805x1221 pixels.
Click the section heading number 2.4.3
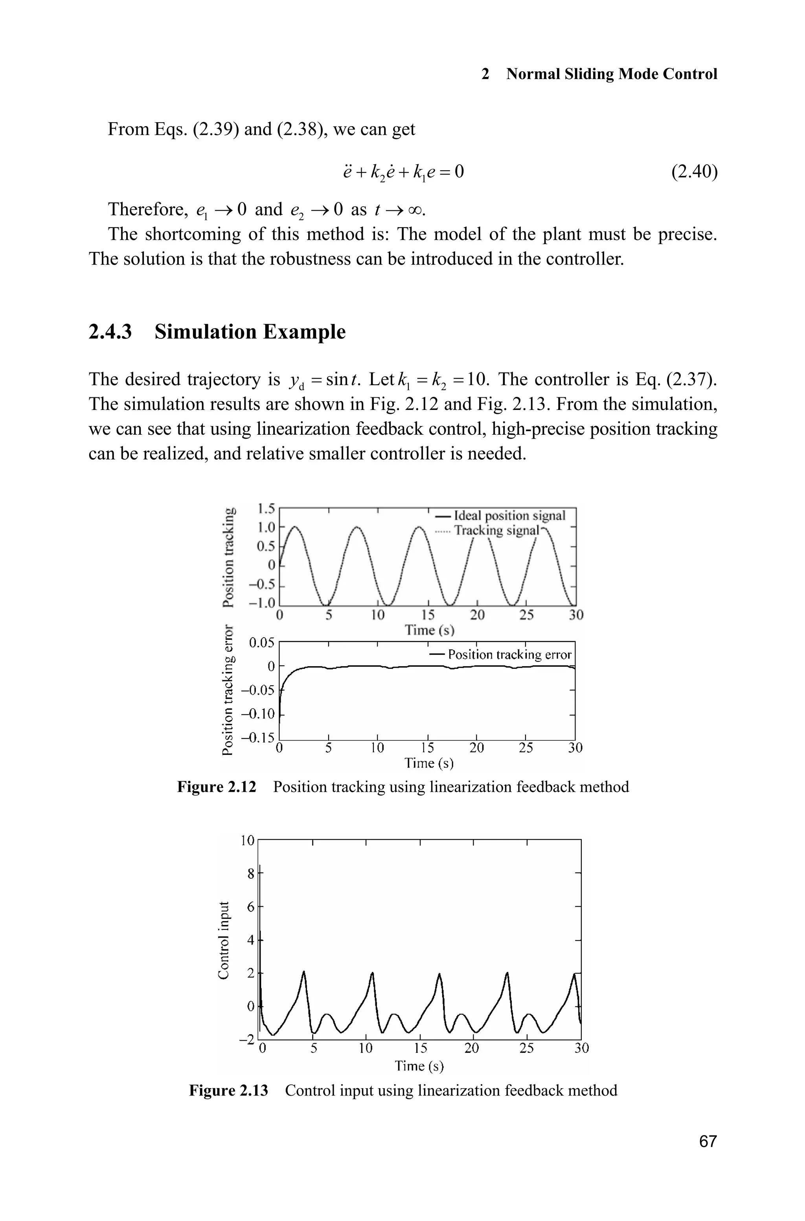tap(110, 332)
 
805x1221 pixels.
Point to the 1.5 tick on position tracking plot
tap(266, 509)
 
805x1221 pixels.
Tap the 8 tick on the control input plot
tap(250, 873)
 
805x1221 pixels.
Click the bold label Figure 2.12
tap(216, 787)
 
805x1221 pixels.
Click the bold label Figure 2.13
tap(228, 1090)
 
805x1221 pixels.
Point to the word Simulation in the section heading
tap(208, 332)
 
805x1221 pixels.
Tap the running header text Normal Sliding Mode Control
tap(612, 74)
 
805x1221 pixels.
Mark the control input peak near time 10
tap(372, 973)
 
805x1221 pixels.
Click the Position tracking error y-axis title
tap(226, 690)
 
